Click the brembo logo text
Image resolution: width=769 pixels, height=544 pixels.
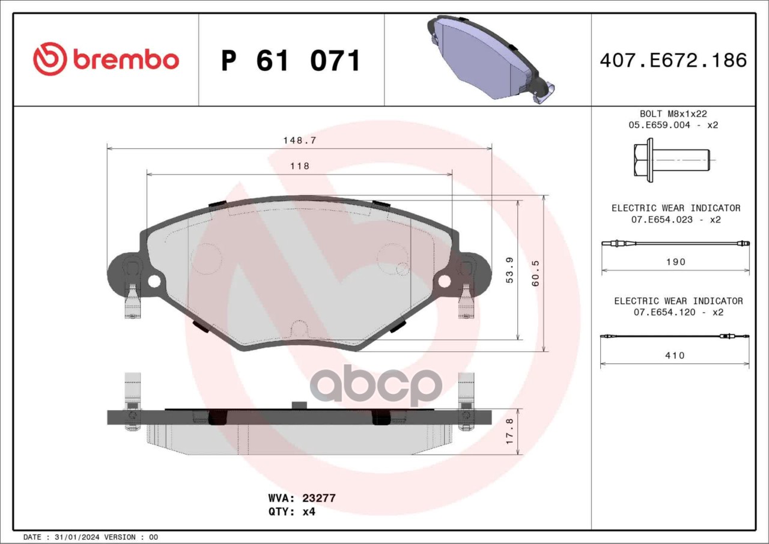[126, 59]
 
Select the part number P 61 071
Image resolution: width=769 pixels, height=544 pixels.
[291, 61]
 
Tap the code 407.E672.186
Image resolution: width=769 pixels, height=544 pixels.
[673, 60]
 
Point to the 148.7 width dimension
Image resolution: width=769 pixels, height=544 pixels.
[299, 141]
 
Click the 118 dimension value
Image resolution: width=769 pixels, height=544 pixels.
[300, 166]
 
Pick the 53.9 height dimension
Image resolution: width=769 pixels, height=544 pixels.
[510, 270]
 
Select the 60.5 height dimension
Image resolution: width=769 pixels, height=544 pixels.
[535, 273]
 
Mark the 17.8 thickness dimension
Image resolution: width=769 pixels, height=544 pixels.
[509, 431]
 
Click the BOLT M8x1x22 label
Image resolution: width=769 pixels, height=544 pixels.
[673, 113]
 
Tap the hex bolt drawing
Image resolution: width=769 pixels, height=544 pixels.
[671, 160]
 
